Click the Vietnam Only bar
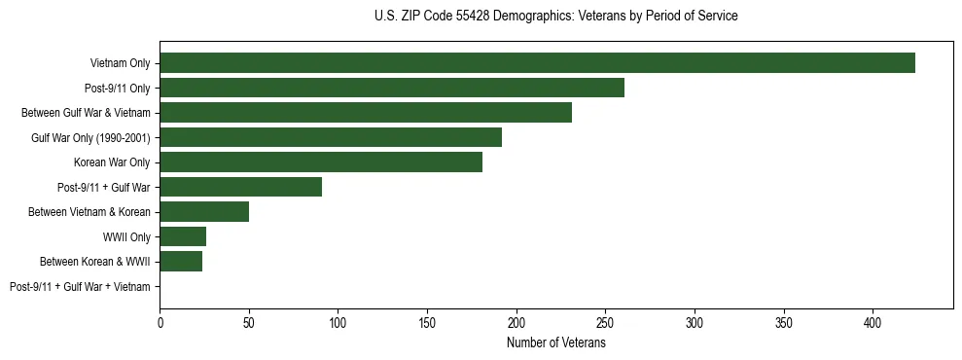537,63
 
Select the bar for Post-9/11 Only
392,88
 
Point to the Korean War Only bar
321,162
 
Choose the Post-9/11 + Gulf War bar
240,187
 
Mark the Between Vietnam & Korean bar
204,212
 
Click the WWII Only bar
183,236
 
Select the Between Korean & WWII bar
181,262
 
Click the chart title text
555,17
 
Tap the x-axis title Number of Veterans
555,343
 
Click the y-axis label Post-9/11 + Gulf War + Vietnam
80,287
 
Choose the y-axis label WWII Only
125,237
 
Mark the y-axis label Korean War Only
111,162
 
